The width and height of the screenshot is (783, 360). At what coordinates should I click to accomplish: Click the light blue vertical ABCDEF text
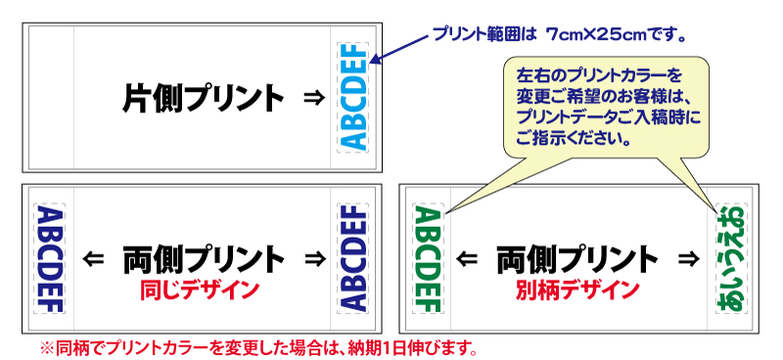coord(353,97)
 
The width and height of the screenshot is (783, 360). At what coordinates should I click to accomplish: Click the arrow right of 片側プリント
coord(312,98)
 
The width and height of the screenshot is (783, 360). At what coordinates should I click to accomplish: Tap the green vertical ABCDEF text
coord(430,258)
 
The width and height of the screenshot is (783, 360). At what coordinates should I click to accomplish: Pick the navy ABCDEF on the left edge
coord(49,258)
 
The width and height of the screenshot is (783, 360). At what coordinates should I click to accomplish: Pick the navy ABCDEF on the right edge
coord(352,258)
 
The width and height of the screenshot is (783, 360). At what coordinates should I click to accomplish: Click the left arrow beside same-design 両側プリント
coord(94,259)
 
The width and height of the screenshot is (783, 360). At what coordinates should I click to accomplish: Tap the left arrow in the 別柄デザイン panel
coord(469,259)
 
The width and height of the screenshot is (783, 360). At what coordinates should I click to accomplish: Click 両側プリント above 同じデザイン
coord(203,259)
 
